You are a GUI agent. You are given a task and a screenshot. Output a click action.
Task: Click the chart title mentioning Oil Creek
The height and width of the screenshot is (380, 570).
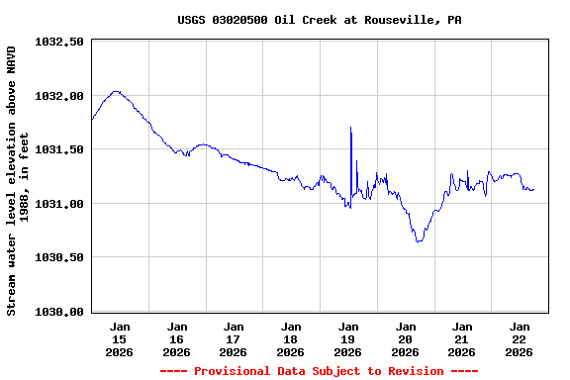320,20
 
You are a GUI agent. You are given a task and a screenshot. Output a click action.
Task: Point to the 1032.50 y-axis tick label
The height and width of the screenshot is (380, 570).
59,43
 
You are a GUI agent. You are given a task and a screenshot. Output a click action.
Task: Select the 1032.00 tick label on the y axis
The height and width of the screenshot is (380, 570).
59,96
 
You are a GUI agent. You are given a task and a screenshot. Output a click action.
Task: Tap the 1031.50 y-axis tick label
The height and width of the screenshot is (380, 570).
59,149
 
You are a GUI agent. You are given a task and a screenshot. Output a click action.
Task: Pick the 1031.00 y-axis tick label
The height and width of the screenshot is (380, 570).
59,204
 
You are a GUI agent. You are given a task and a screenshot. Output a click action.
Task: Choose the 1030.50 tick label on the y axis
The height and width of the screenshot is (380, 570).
59,257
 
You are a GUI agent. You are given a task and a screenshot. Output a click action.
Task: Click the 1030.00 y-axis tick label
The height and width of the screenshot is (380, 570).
59,312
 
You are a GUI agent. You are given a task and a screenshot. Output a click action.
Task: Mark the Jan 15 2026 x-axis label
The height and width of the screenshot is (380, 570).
120,338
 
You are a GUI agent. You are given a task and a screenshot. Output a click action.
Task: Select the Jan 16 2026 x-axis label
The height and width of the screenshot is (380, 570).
177,338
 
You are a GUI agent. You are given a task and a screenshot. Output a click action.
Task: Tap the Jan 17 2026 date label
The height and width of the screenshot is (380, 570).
234,338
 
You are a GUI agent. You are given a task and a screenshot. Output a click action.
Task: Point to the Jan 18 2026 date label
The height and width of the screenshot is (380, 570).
291,338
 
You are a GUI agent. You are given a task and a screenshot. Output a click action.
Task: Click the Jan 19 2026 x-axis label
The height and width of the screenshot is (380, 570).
348,338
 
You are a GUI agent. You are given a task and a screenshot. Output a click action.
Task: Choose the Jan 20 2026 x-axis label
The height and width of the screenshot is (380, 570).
406,338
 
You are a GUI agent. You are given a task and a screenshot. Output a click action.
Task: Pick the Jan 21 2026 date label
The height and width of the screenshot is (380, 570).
462,338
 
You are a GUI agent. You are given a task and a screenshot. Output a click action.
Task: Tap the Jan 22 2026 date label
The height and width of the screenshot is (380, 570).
520,338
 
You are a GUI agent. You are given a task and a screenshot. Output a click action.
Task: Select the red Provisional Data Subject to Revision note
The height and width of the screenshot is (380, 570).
319,371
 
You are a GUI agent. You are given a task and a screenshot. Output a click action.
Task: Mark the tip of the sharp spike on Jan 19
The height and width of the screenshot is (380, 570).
350,128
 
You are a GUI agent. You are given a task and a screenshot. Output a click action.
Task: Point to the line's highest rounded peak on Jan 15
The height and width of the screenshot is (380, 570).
116,91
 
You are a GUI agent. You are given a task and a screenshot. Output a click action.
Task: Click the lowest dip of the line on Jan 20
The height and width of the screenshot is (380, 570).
419,241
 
